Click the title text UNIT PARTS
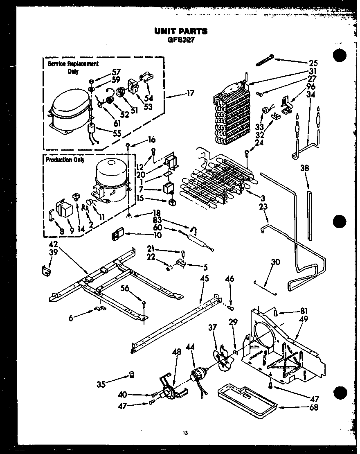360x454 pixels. [180, 31]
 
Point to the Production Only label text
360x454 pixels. [65, 160]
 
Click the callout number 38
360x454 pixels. [305, 167]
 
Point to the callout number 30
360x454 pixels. [276, 262]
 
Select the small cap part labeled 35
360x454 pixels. [132, 375]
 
